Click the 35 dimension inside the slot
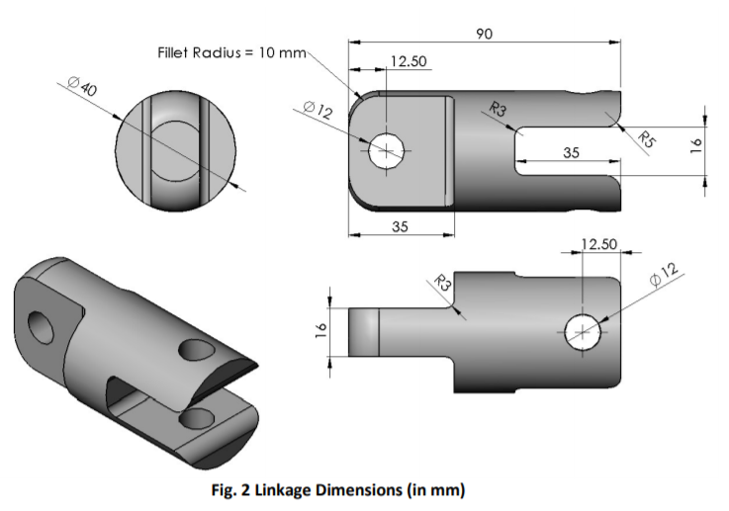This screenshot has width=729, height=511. pyautogui.click(x=572, y=153)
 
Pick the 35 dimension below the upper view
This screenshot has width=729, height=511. pyautogui.click(x=400, y=226)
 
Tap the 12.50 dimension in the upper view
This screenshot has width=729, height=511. pyautogui.click(x=408, y=61)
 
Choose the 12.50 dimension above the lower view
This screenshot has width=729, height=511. pyautogui.click(x=598, y=243)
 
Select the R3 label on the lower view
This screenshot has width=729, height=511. pyautogui.click(x=445, y=287)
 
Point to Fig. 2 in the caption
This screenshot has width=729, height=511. pyautogui.click(x=266, y=489)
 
